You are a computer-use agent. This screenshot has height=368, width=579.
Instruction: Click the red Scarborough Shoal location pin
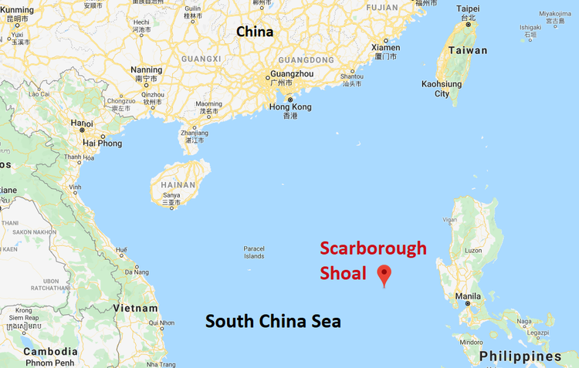pos(384,275)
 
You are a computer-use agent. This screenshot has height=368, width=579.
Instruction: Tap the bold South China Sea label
pos(273,321)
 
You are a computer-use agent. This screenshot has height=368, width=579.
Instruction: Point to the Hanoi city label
pos(82,123)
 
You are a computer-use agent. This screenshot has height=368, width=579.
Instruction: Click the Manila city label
pos(469,295)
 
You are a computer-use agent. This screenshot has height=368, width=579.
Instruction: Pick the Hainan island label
pos(178,185)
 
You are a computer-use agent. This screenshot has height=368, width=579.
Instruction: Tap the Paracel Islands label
pos(254,252)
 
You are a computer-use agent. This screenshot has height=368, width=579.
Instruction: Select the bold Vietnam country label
pos(136,307)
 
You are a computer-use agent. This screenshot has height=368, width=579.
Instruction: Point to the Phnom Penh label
pos(49,363)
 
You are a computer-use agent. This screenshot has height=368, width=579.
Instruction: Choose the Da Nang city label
pos(136,272)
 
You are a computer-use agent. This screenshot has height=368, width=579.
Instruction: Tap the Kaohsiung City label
pos(442,89)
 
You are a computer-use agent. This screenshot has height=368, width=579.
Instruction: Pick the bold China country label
pos(255,32)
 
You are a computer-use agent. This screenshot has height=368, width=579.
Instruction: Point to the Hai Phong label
pos(101,143)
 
